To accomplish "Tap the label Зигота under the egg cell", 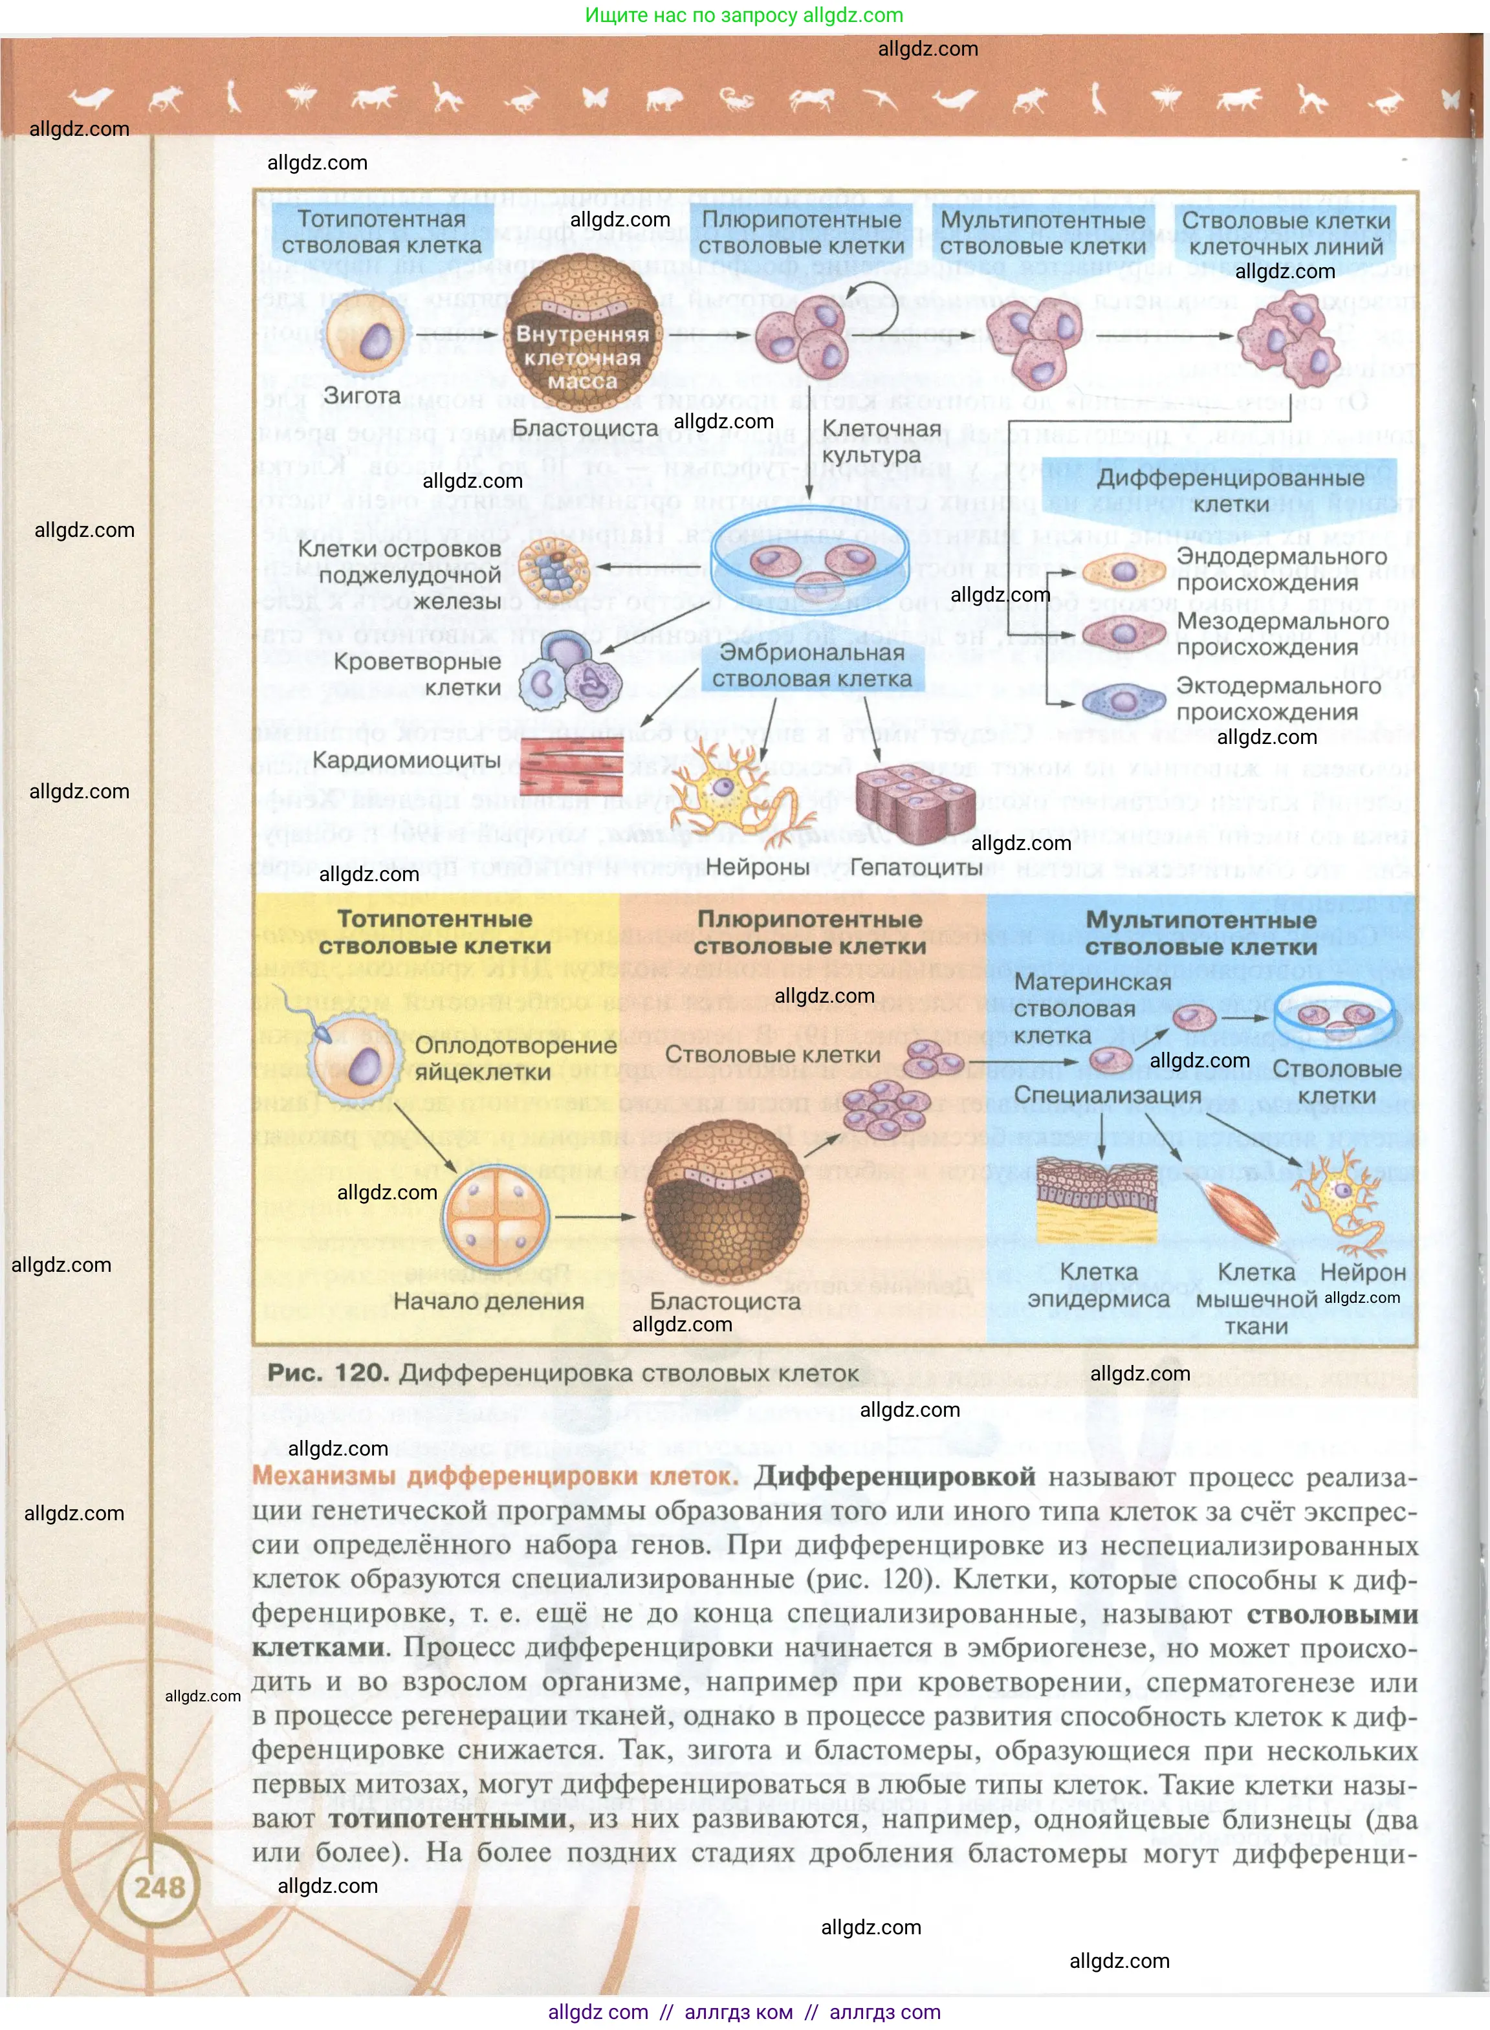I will pyautogui.click(x=362, y=395).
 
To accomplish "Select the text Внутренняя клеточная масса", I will pyautogui.click(x=583, y=357).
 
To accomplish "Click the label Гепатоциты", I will pyautogui.click(x=915, y=867).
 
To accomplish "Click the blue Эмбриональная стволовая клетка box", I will pyautogui.click(x=812, y=666).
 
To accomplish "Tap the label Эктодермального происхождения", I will pyautogui.click(x=1278, y=699).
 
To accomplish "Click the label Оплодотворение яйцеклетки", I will pyautogui.click(x=516, y=1059).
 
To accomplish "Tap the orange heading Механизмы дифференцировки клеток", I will pyautogui.click(x=495, y=1476).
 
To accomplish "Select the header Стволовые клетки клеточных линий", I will pyautogui.click(x=1286, y=234).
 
